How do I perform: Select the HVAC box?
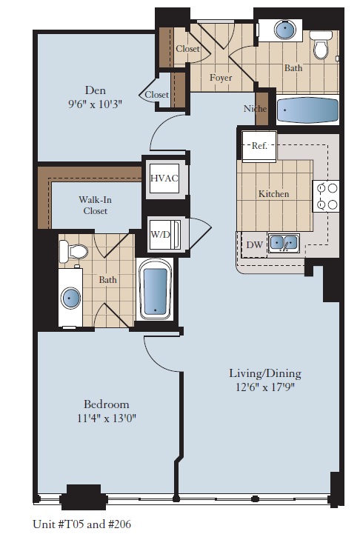(162, 179)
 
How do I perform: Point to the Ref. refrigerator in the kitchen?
(259, 147)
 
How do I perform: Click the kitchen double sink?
(283, 242)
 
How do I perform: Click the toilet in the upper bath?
(320, 46)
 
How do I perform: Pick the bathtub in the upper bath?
(306, 111)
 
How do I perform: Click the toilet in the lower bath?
(75, 253)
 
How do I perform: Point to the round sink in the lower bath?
(72, 298)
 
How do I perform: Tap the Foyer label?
(220, 78)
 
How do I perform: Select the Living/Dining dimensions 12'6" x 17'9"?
(264, 387)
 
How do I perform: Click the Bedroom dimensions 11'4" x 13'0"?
(106, 418)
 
